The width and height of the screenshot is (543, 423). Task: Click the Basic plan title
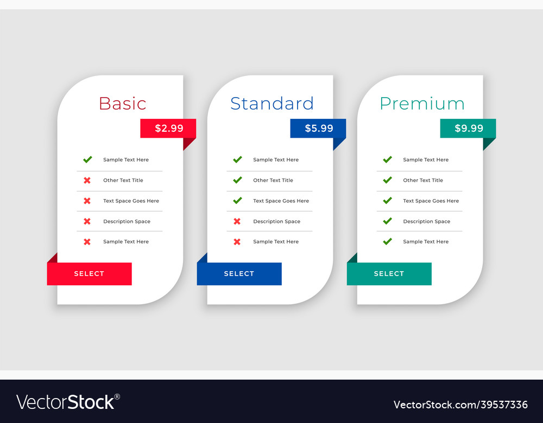[123, 104]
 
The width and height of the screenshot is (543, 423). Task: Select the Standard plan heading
[272, 104]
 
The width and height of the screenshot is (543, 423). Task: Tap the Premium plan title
[422, 104]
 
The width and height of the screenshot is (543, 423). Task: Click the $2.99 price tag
[168, 129]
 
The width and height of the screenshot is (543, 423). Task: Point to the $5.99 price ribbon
[318, 129]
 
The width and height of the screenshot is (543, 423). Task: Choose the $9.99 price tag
[468, 129]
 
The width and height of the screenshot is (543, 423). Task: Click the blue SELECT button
[239, 273]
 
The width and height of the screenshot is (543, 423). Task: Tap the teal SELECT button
[389, 273]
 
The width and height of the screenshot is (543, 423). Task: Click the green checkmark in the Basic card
[87, 159]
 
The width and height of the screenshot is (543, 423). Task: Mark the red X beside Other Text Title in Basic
[87, 180]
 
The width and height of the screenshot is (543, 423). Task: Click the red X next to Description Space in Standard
[237, 221]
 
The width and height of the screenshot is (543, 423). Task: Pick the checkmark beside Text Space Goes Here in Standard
[238, 201]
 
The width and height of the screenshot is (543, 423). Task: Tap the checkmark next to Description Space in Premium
[388, 221]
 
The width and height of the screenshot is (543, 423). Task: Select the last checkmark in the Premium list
[388, 241]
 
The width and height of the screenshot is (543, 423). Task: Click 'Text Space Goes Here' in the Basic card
[131, 201]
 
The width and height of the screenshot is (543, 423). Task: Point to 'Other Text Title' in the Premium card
[423, 180]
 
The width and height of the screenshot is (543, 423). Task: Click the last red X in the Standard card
[237, 242]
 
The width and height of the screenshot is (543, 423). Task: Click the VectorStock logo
[68, 402]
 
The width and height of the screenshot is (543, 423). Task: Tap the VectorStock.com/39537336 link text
[460, 405]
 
